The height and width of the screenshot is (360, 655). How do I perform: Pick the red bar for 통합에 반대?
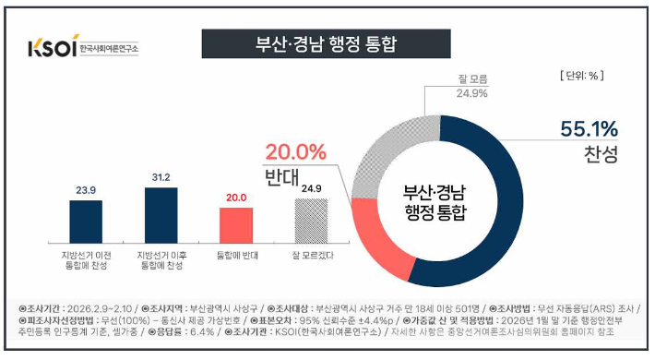(236, 225)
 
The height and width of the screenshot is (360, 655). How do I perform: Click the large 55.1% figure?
(589, 128)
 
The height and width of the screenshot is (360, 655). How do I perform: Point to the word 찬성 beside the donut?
(601, 153)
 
